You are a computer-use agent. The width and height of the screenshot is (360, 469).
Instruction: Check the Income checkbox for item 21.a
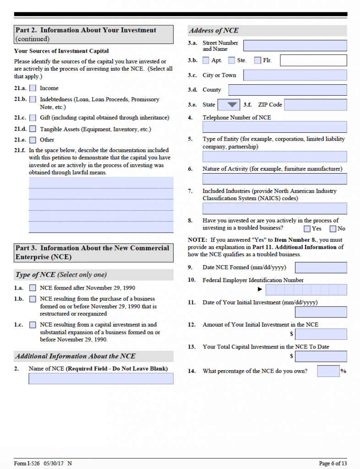coord(33,88)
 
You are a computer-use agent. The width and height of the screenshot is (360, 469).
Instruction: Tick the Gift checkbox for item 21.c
coord(33,118)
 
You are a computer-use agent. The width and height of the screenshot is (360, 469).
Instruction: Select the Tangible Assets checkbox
coord(33,130)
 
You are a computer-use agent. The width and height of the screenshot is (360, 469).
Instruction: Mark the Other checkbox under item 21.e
coord(33,140)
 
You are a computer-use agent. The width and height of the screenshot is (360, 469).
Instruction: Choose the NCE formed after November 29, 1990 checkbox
coord(33,288)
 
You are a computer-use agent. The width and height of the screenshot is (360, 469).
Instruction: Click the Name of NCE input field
coord(101,379)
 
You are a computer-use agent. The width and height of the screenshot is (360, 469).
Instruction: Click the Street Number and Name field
coord(295,46)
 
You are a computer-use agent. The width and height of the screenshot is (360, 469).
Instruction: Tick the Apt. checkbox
coord(206,60)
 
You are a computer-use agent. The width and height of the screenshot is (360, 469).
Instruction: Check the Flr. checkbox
coord(257,60)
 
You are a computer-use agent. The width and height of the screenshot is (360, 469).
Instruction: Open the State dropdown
coord(229,105)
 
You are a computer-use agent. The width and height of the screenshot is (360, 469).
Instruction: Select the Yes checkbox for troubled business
coord(307,229)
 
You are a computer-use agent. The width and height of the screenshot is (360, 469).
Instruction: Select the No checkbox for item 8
coord(333,229)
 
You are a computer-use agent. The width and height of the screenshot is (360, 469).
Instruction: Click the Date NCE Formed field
coord(321,267)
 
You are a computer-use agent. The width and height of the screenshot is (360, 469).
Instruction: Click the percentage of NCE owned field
coord(328,371)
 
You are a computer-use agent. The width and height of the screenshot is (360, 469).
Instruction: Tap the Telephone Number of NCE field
coord(274,127)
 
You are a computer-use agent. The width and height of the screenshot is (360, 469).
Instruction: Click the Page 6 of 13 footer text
coord(333,464)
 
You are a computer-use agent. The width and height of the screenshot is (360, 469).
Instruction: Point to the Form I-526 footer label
coord(27,464)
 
